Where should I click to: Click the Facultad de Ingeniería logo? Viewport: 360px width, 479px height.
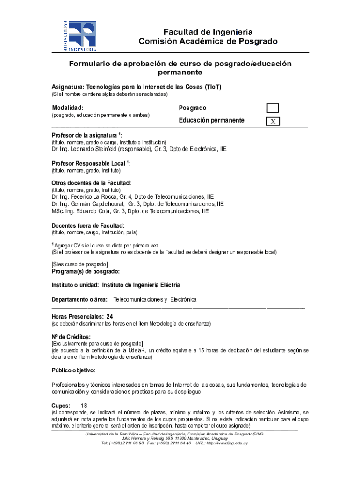[x=80, y=36]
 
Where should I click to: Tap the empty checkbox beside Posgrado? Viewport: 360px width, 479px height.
[x=273, y=109]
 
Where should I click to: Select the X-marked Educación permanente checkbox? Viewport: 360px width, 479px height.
[x=273, y=121]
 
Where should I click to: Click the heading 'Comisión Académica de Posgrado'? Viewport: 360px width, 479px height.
[x=208, y=41]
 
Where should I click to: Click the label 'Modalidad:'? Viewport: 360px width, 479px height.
[x=68, y=108]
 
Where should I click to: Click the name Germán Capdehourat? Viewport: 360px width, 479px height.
[x=99, y=204]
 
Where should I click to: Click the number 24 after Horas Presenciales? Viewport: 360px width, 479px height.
[x=109, y=317]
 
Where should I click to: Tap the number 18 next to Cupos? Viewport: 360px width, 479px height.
[x=84, y=406]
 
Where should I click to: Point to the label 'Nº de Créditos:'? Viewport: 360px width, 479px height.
[x=71, y=337]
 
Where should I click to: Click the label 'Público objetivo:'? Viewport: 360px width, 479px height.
[x=73, y=370]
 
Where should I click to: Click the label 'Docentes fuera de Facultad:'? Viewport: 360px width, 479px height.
[x=88, y=225]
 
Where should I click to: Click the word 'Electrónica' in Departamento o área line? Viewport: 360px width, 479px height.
[x=183, y=299]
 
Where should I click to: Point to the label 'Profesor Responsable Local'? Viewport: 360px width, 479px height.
[x=89, y=164]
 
